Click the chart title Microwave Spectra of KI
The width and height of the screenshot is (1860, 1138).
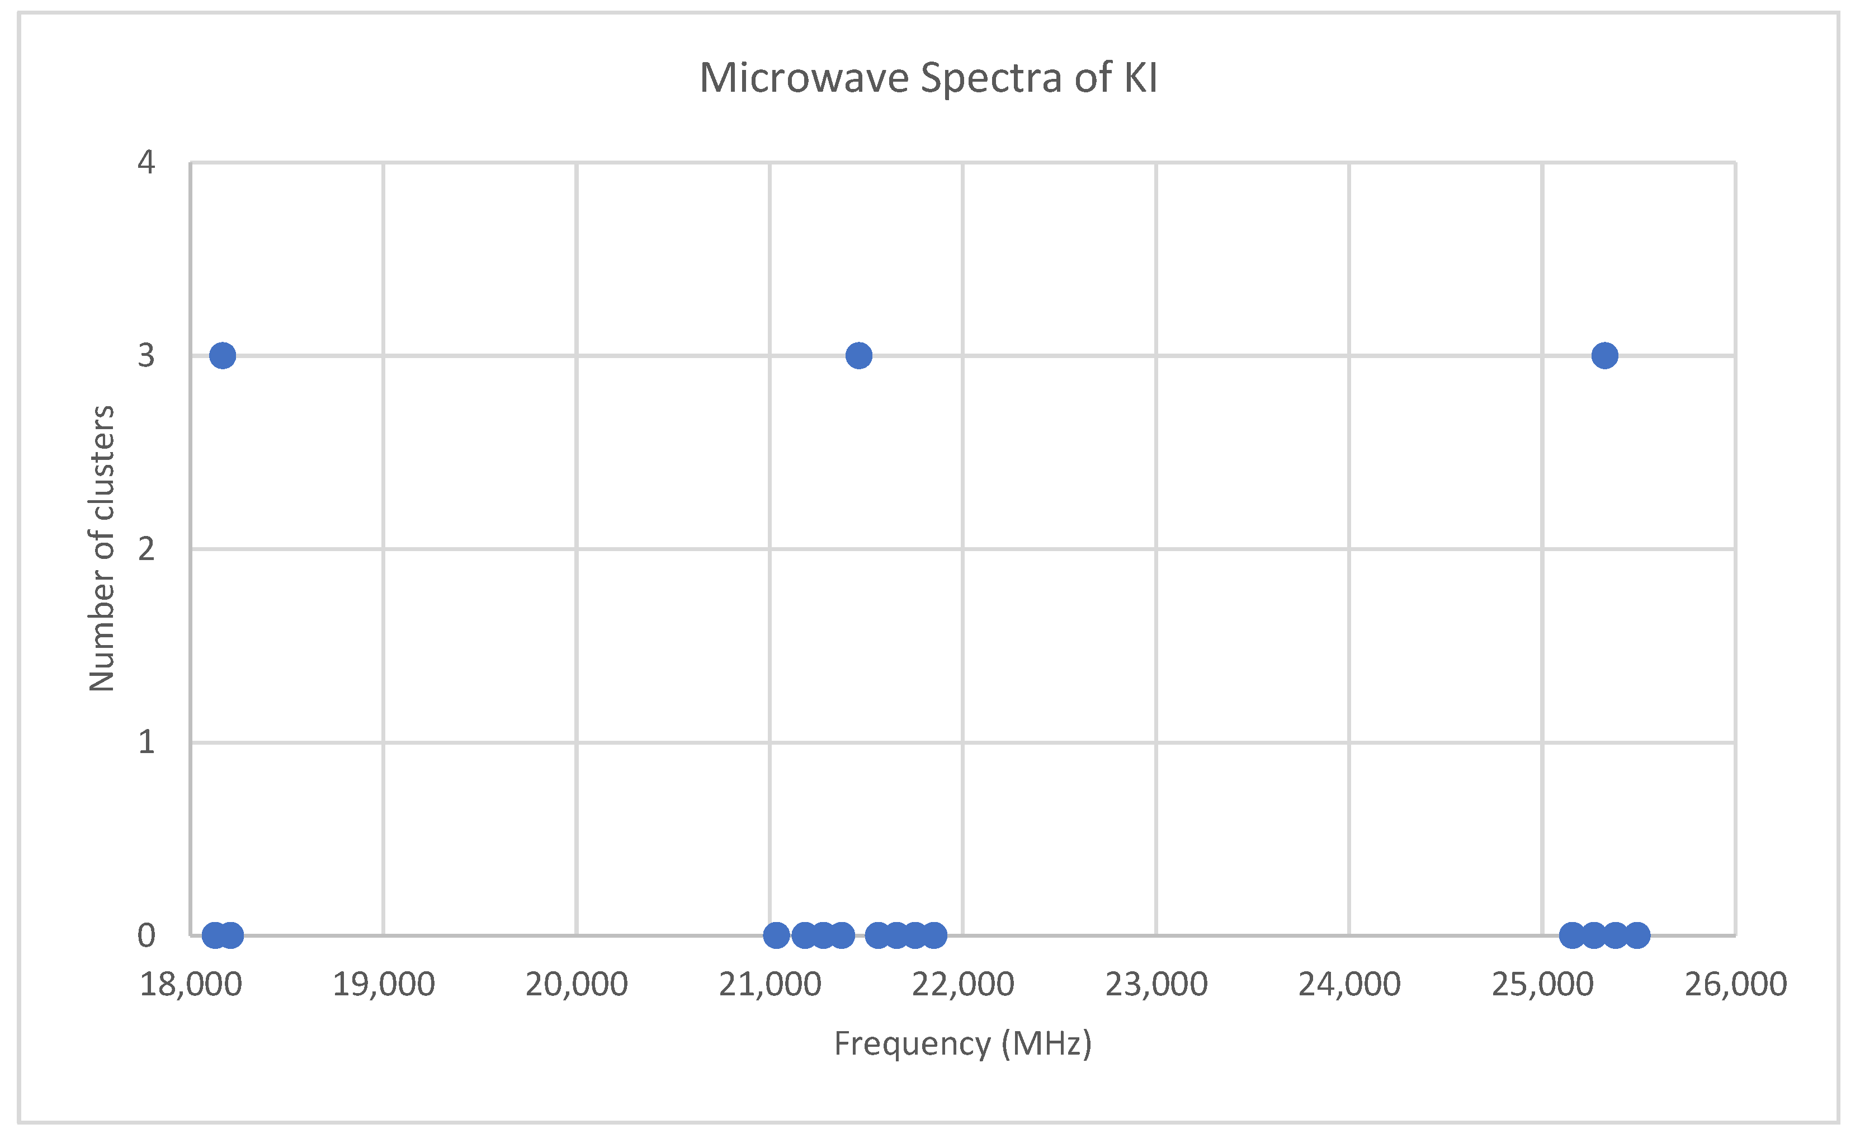[928, 78]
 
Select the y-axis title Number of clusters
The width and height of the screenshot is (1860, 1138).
[102, 549]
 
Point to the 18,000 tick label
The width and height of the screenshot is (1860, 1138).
[191, 985]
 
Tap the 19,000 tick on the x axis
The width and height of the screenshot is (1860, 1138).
[384, 985]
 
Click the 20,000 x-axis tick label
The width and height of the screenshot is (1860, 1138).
[577, 985]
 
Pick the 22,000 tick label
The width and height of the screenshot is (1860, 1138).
[963, 985]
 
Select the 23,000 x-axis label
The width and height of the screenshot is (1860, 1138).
[1156, 985]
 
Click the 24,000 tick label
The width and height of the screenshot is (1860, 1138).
[1350, 985]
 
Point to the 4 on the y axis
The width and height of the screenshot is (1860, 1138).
[147, 162]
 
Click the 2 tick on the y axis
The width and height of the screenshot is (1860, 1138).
[147, 549]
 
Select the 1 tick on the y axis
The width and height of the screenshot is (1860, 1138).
[147, 742]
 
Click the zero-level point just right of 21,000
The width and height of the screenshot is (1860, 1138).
[777, 935]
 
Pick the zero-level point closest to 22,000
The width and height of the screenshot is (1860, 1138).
[934, 935]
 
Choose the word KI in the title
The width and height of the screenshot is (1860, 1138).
[1141, 78]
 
